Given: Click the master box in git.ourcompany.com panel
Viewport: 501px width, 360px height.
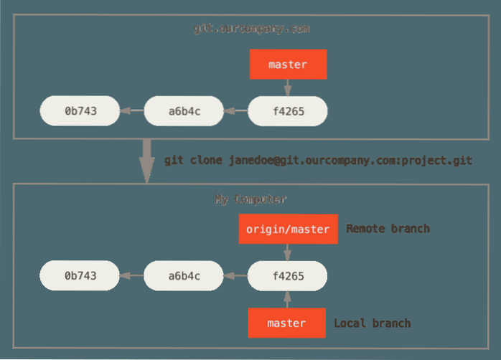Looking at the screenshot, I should tap(288, 65).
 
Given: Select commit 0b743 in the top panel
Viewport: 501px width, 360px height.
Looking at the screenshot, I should tap(80, 111).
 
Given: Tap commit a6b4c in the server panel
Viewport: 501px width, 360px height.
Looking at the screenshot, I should tap(184, 111).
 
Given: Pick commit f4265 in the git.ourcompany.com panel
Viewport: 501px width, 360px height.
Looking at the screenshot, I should tap(288, 111).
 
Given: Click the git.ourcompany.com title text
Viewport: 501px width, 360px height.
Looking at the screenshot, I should tap(251, 29).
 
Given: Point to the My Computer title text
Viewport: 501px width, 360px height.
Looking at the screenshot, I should tap(251, 199).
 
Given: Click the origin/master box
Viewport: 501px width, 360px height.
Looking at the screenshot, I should tap(288, 229).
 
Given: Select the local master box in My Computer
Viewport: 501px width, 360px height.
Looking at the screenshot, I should tap(287, 323).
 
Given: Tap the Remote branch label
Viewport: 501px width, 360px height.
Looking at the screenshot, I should tap(388, 229).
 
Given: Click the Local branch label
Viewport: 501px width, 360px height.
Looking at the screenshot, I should tap(373, 323).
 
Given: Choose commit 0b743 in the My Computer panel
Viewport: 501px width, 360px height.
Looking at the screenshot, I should tap(80, 275).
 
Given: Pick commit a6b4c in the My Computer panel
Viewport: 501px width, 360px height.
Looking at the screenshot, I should tap(184, 275).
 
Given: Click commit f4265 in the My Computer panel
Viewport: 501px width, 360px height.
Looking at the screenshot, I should tap(288, 275).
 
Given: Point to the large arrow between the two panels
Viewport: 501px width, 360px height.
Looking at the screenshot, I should tap(147, 159).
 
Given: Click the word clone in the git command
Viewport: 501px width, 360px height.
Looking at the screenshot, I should tap(207, 160).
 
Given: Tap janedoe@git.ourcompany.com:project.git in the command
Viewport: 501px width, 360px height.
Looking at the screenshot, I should tap(350, 160).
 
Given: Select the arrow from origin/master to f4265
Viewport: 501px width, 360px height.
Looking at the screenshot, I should tap(288, 252).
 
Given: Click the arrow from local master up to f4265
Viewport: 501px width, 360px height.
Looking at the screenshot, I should tap(288, 299).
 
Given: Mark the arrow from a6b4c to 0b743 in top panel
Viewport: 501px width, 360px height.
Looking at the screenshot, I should tap(131, 111).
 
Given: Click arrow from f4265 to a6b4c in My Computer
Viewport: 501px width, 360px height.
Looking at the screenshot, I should tap(235, 275).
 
